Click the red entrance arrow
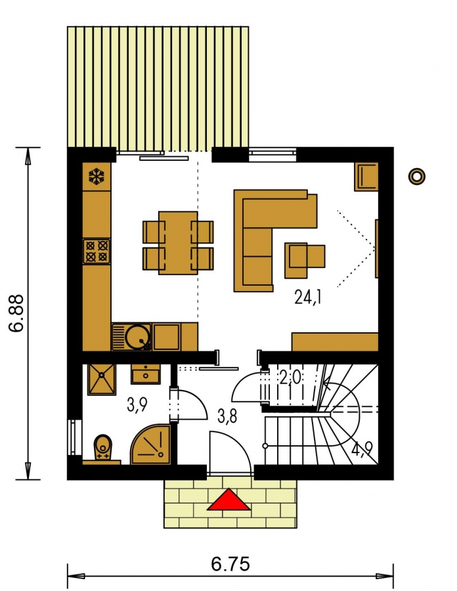229,500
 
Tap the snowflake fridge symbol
97,177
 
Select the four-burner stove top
97,252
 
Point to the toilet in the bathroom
102,447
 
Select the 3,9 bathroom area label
137,406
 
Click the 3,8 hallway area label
227,417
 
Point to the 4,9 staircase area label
362,449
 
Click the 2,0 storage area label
290,377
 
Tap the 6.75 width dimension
230,564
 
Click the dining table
178,243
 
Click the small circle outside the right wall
417,176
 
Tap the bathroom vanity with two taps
145,374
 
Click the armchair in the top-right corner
366,177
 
